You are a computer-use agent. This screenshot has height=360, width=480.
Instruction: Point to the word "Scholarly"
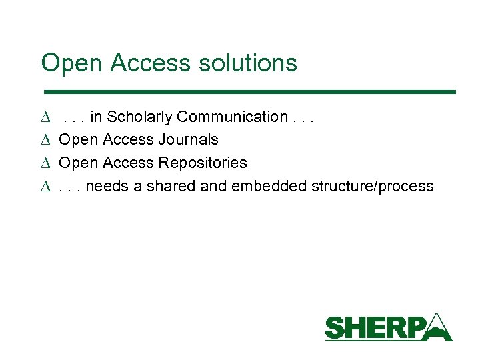point(141,117)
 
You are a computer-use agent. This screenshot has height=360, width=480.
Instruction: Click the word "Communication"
point(233,117)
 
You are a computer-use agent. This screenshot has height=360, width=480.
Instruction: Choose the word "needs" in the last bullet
point(107,186)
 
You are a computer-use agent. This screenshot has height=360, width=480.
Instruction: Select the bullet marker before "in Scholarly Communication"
point(45,118)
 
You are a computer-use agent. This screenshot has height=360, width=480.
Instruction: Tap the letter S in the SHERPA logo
point(335,329)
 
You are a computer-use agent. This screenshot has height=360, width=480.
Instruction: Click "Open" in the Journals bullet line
point(79,140)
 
